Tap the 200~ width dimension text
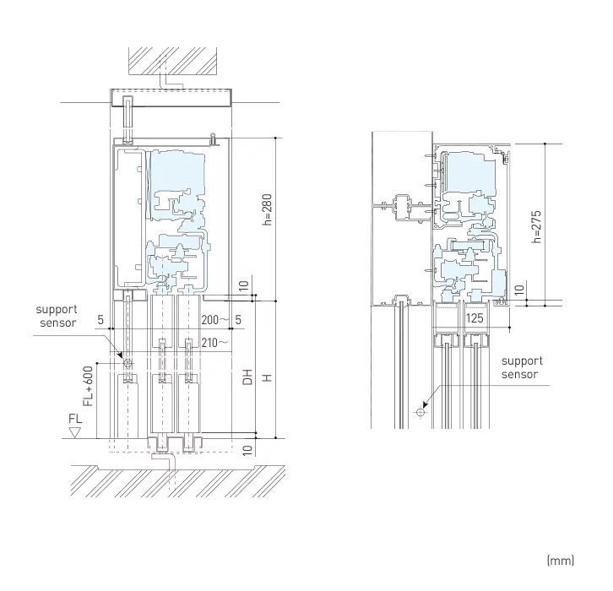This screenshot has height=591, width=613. tap(215, 320)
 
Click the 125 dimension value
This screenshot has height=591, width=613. tap(475, 320)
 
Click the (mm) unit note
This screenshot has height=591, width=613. tap(561, 560)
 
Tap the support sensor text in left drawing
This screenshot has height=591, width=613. tap(56, 317)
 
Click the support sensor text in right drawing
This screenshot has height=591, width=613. tap(519, 367)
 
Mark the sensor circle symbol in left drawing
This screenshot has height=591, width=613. tap(127, 363)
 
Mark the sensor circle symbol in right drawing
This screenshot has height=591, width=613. tap(420, 412)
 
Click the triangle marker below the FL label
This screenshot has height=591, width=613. tap(75, 432)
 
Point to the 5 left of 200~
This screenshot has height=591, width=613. tap(100, 320)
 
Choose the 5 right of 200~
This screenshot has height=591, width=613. tap(239, 320)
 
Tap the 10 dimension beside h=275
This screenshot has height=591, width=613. tap(520, 289)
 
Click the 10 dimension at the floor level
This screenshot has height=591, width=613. tap(247, 449)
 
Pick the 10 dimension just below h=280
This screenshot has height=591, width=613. tap(243, 286)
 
